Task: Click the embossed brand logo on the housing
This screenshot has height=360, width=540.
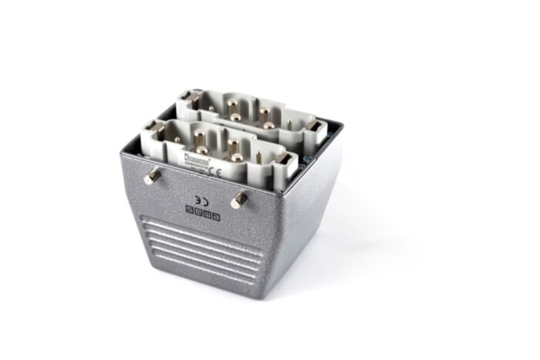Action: [x=202, y=210]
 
